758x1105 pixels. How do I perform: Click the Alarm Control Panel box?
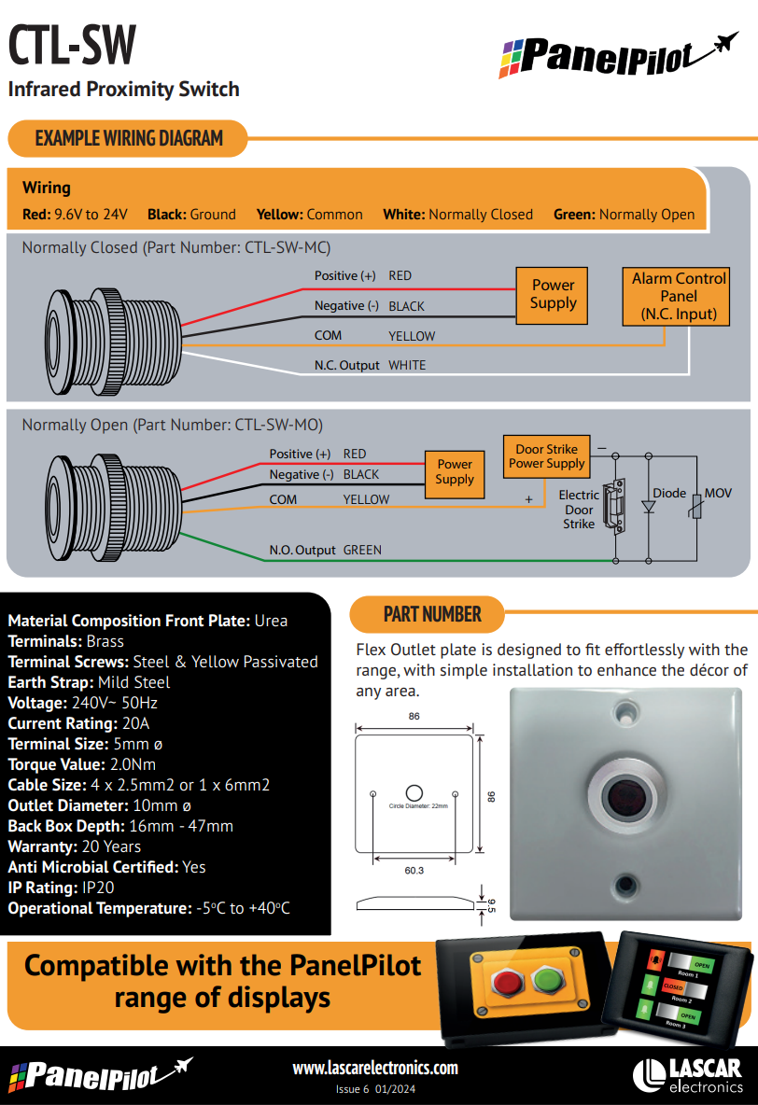coord(676,296)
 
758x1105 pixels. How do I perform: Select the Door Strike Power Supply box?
coord(546,456)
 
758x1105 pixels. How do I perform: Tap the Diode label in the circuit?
coord(669,494)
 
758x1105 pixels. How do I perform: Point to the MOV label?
coord(718,494)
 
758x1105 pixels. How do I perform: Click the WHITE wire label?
coord(407,365)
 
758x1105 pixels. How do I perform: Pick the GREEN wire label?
coord(362,550)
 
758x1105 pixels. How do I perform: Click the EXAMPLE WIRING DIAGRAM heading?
coord(129,138)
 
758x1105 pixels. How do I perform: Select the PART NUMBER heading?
coord(432,614)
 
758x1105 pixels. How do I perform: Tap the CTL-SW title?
coord(72,45)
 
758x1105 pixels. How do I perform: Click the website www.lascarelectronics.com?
coord(375,1068)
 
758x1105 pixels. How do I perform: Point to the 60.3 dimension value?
coord(414,871)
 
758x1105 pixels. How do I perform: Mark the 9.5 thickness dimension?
coord(491,905)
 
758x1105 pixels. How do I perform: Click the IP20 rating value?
coord(98,888)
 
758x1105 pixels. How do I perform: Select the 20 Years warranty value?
coord(111,846)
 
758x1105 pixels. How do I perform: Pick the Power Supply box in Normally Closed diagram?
coord(552,295)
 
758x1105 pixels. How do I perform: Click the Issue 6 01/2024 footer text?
coord(375,1089)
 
